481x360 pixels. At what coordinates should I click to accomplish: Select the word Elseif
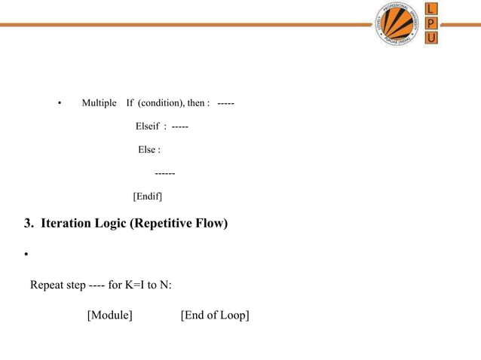click(x=147, y=126)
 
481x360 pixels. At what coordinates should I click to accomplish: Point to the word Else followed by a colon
click(x=149, y=150)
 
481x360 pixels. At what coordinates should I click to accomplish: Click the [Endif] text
click(x=148, y=197)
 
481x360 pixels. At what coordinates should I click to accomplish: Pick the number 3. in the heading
click(x=29, y=224)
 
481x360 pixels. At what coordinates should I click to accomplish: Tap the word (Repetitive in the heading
click(x=161, y=224)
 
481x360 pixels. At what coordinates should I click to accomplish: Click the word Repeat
click(x=47, y=285)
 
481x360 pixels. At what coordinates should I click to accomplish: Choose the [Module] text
click(x=110, y=315)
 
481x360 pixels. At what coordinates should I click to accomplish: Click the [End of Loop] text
click(x=215, y=315)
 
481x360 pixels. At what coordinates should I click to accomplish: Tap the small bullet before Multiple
click(x=59, y=103)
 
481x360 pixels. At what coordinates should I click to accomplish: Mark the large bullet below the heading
click(x=26, y=255)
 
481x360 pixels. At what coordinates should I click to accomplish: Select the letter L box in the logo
click(x=430, y=10)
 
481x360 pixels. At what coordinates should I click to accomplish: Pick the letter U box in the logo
click(x=430, y=38)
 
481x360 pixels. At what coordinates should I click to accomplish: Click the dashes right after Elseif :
click(x=179, y=126)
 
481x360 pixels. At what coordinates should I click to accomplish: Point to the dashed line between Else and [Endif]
click(x=165, y=174)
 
